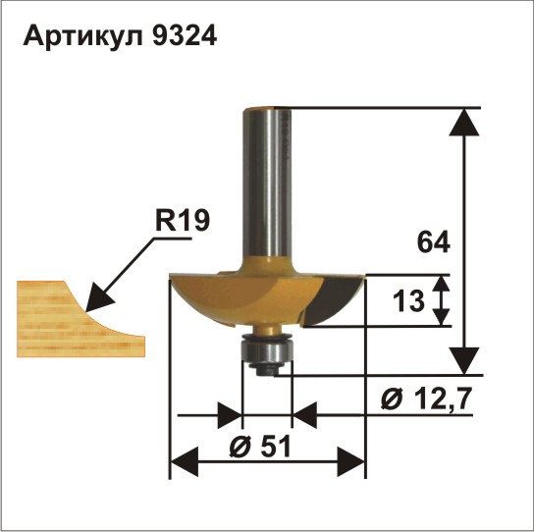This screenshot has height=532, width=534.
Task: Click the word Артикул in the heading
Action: tap(82, 36)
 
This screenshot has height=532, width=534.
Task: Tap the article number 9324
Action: tap(185, 35)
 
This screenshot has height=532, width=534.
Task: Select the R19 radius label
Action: tap(183, 221)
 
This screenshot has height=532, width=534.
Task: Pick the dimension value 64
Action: tap(433, 242)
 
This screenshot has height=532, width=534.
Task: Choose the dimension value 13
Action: tap(408, 301)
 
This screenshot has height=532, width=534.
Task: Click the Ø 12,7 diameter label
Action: tap(426, 399)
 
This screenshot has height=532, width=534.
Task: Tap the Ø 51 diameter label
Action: tap(260, 447)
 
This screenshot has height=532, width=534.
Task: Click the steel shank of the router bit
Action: tap(267, 184)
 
